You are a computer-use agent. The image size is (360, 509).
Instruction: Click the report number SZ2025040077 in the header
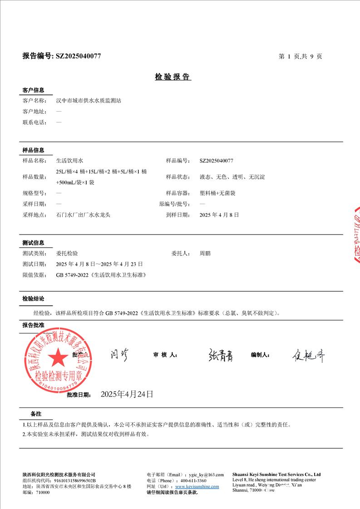point(78,56)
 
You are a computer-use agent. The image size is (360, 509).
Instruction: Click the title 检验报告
point(173,77)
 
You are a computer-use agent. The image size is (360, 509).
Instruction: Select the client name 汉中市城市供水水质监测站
point(89,101)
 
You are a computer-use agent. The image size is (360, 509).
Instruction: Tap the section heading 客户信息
point(34,90)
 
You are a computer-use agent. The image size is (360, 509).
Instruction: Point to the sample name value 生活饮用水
point(69,161)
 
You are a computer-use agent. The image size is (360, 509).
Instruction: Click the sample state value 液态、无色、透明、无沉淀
point(232,177)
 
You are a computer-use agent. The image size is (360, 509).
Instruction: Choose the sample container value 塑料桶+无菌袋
point(217,193)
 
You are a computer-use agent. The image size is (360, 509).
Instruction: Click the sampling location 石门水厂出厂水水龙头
point(83,215)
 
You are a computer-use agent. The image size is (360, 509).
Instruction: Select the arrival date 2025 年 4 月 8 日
point(219,215)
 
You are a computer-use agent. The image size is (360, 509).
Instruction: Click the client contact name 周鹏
point(205,254)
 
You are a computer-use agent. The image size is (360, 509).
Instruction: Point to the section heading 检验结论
point(34,299)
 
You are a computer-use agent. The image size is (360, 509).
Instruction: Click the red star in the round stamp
point(57,357)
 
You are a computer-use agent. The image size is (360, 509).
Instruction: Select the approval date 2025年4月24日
point(127,394)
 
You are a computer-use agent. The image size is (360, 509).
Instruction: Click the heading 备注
point(36,414)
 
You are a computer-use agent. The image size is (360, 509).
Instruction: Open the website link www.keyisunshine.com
point(197,486)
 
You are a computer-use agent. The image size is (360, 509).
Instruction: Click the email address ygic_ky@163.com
point(207,475)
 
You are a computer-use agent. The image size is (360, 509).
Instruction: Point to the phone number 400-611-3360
point(193,480)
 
